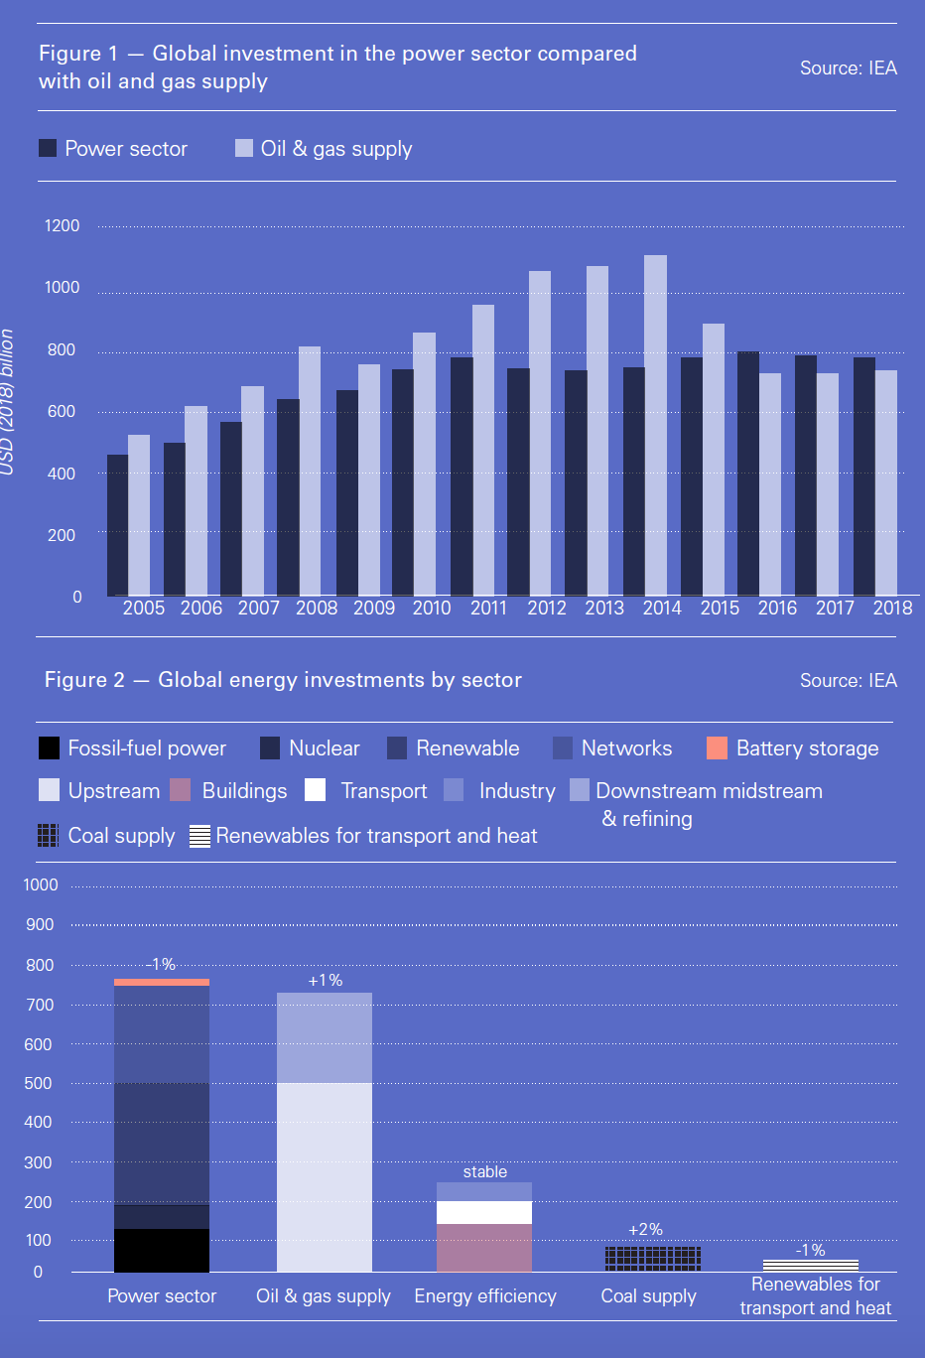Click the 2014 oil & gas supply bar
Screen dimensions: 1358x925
tap(655, 427)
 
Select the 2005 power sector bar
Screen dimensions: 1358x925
tap(117, 526)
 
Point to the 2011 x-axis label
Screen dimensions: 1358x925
tap(488, 608)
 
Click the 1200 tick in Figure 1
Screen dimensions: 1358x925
tap(62, 226)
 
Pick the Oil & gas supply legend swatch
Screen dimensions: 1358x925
tap(244, 148)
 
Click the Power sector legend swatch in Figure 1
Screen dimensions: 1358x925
tap(48, 148)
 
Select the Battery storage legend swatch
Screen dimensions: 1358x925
tap(717, 748)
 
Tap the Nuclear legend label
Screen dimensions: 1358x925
tap(324, 748)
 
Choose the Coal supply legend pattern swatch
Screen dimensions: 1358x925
tap(48, 836)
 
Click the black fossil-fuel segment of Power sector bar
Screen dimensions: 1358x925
tap(162, 1251)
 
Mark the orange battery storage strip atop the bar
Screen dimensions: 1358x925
tap(162, 982)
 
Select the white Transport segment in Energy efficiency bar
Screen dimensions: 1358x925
tap(484, 1212)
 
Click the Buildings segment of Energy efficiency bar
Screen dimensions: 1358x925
tap(484, 1248)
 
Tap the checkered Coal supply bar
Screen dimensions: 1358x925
tap(652, 1259)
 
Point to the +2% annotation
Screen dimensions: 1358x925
tap(645, 1230)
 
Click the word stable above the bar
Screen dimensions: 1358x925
tap(484, 1172)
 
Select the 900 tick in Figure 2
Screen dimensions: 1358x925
tap(41, 925)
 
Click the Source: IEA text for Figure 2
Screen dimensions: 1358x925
tap(849, 680)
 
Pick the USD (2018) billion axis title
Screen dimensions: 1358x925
tap(8, 402)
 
